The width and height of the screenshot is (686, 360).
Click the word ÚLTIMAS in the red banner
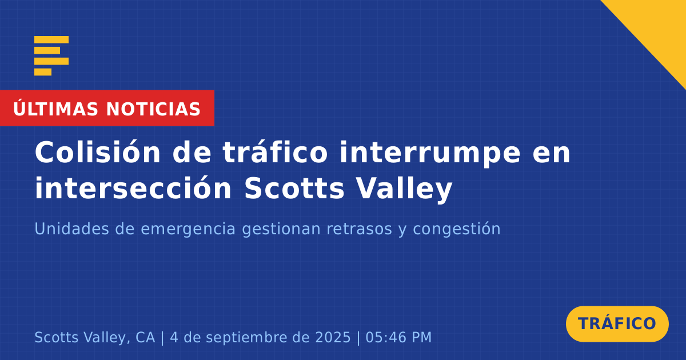point(55,108)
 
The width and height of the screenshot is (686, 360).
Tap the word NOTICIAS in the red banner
point(153,109)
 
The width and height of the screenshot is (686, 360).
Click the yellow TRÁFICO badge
point(617,324)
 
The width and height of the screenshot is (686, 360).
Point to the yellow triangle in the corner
point(659,27)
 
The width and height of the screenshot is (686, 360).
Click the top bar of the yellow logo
point(51,39)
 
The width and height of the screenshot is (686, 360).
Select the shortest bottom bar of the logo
point(43,72)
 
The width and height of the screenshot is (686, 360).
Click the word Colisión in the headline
point(98,152)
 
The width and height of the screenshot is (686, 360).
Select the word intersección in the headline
point(133,187)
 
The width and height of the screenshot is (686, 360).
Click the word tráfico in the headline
point(276,152)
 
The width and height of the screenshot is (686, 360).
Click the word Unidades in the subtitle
point(72,229)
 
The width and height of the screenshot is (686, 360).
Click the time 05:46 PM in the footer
point(398,337)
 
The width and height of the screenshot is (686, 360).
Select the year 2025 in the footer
point(333,337)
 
